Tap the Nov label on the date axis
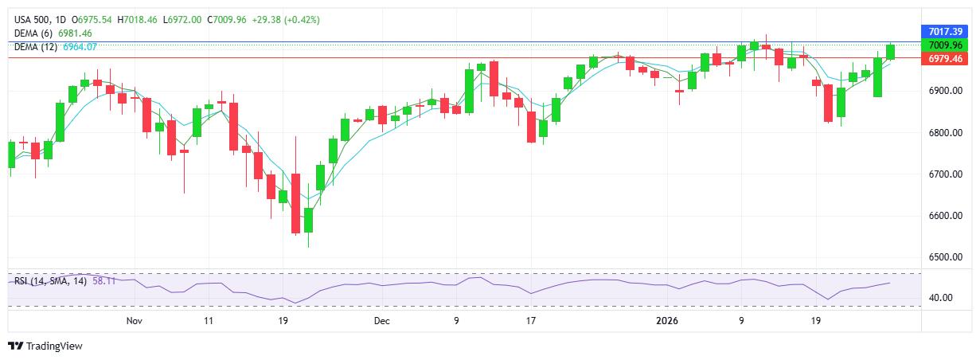(134, 321)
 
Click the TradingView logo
(45, 346)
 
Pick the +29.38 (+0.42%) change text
(286, 19)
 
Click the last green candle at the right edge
(890, 51)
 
